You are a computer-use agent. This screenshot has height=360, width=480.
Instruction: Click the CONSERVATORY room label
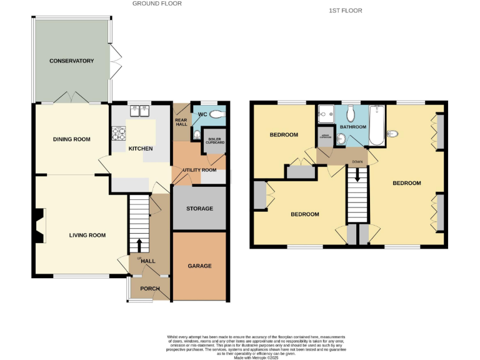[x=72, y=61]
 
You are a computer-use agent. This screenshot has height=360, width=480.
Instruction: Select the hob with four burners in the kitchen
[x=119, y=132]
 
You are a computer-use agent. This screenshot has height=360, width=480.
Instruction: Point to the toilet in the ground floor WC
[x=216, y=114]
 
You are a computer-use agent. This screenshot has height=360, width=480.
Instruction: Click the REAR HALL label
[x=181, y=122]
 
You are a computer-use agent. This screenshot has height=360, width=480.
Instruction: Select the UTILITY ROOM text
[x=199, y=170]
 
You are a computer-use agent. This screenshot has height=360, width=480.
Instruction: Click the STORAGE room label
[x=199, y=209]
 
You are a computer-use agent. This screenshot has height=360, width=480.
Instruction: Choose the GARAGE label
[x=199, y=266]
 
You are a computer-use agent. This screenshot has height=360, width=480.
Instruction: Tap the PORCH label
[x=150, y=289]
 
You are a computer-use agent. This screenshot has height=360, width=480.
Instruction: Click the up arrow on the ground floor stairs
[x=139, y=243]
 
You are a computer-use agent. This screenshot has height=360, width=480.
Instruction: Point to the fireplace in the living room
[x=40, y=226]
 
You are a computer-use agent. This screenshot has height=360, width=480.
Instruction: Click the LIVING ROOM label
[x=87, y=236]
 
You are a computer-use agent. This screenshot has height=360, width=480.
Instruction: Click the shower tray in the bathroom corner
[x=326, y=114]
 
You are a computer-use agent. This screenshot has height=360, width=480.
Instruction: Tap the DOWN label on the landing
[x=357, y=162]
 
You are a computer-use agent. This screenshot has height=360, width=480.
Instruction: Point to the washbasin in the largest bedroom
[x=393, y=133]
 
